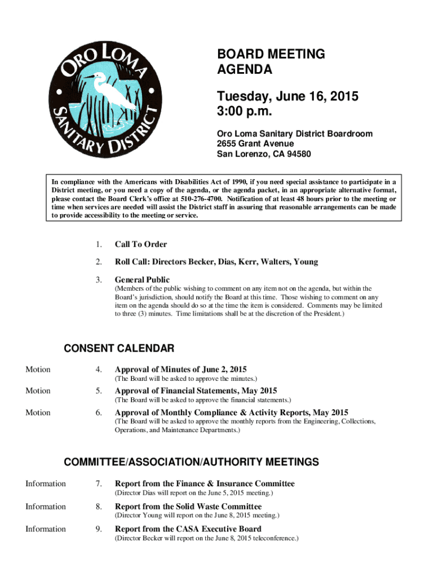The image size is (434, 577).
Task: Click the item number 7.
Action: click(x=99, y=483)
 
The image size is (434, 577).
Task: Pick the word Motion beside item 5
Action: click(x=38, y=391)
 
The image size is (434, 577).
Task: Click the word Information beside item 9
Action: click(x=46, y=529)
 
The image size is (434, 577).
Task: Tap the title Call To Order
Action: click(x=141, y=245)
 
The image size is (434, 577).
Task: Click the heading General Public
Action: click(x=142, y=280)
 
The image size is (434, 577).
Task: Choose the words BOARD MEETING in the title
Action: click(x=271, y=55)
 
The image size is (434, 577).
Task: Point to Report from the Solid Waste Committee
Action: click(x=188, y=507)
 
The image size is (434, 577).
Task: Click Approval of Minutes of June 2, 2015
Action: click(x=181, y=370)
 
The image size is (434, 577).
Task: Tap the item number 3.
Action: click(x=99, y=280)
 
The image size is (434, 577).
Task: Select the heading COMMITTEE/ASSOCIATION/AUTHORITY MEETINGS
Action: click(x=191, y=463)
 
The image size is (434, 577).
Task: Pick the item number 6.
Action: click(x=99, y=412)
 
